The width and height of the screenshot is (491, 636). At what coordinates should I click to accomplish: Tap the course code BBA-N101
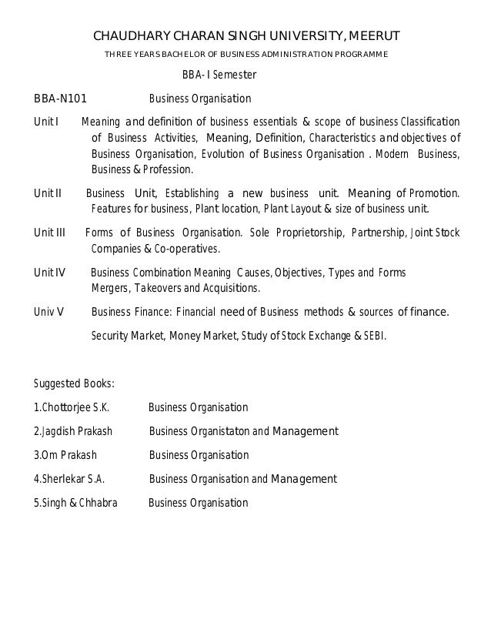(61, 99)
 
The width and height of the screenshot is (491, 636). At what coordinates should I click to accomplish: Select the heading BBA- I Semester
(219, 75)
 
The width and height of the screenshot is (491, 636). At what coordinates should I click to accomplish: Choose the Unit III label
(49, 233)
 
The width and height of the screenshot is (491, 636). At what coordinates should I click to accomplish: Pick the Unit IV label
(49, 273)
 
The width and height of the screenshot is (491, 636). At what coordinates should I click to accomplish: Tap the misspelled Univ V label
(48, 312)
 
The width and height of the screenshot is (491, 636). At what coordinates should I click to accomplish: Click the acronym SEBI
(375, 336)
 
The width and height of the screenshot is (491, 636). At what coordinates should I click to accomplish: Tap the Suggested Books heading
(75, 383)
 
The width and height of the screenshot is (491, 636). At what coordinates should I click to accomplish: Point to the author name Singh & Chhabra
(74, 504)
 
